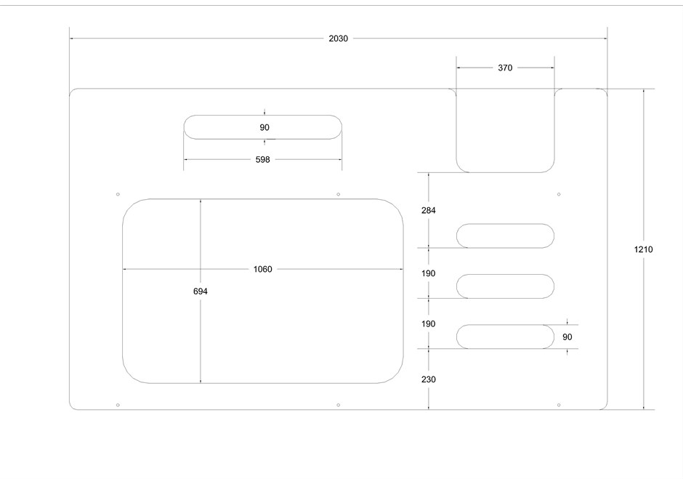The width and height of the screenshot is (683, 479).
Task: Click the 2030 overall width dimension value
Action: [x=338, y=39]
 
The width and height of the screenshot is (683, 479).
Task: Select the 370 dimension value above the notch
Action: [x=505, y=68]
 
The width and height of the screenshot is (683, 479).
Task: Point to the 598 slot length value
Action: [x=262, y=159]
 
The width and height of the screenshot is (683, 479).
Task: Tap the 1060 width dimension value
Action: [x=262, y=269]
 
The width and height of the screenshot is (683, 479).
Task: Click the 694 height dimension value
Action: [x=201, y=291]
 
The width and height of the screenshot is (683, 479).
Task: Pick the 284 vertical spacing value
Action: [x=429, y=211]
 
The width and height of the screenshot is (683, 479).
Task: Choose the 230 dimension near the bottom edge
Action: [x=429, y=379]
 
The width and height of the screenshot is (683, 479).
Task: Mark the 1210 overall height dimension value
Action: [x=643, y=249]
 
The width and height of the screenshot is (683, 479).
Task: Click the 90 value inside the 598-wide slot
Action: [x=264, y=127]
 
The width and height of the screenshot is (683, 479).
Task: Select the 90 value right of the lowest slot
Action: [x=567, y=337]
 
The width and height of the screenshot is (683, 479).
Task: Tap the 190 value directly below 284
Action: [x=429, y=273]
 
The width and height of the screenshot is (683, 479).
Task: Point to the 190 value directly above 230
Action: [x=429, y=323]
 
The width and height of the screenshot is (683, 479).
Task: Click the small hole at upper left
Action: [x=118, y=194]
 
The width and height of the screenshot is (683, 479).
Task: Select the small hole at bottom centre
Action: [x=339, y=404]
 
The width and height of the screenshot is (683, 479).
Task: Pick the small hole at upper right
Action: [x=558, y=194]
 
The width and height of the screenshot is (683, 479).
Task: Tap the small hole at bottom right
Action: [x=558, y=404]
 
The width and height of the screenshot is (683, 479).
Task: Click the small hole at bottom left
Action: [x=118, y=404]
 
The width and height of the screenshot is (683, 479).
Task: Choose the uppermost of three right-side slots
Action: [x=505, y=236]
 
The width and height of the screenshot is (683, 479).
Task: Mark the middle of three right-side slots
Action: [x=505, y=286]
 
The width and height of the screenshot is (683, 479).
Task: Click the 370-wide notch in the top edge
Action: [x=505, y=131]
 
